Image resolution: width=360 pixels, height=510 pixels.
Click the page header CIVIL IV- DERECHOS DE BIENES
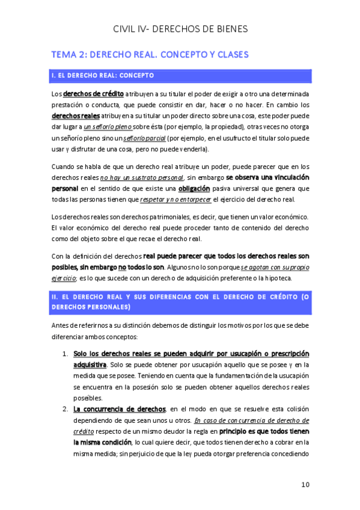tap(180, 29)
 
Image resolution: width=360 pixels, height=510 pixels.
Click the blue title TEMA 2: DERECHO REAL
tap(150, 55)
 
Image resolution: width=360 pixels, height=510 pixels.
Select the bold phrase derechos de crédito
tap(93, 94)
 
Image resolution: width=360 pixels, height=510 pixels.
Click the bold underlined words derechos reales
tap(72, 115)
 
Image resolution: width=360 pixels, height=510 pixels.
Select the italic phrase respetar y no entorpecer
tap(172, 200)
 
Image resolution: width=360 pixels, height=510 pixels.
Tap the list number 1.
tap(65, 354)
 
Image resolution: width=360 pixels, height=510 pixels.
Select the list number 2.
tap(65, 409)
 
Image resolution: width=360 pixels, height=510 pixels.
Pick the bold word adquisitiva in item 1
tap(90, 364)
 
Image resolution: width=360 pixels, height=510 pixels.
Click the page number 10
tap(304, 484)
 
